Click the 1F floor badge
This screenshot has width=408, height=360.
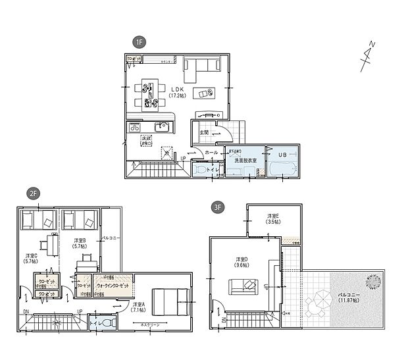(x=139, y=42)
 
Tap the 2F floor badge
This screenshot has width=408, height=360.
(x=32, y=193)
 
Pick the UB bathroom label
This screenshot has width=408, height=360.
(x=283, y=154)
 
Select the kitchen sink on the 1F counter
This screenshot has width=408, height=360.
(x=160, y=126)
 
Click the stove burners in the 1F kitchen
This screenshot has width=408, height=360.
(x=134, y=126)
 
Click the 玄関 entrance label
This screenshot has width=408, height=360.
(x=204, y=132)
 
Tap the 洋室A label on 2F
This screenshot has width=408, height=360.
(x=138, y=307)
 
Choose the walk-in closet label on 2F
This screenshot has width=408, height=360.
(x=113, y=286)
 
